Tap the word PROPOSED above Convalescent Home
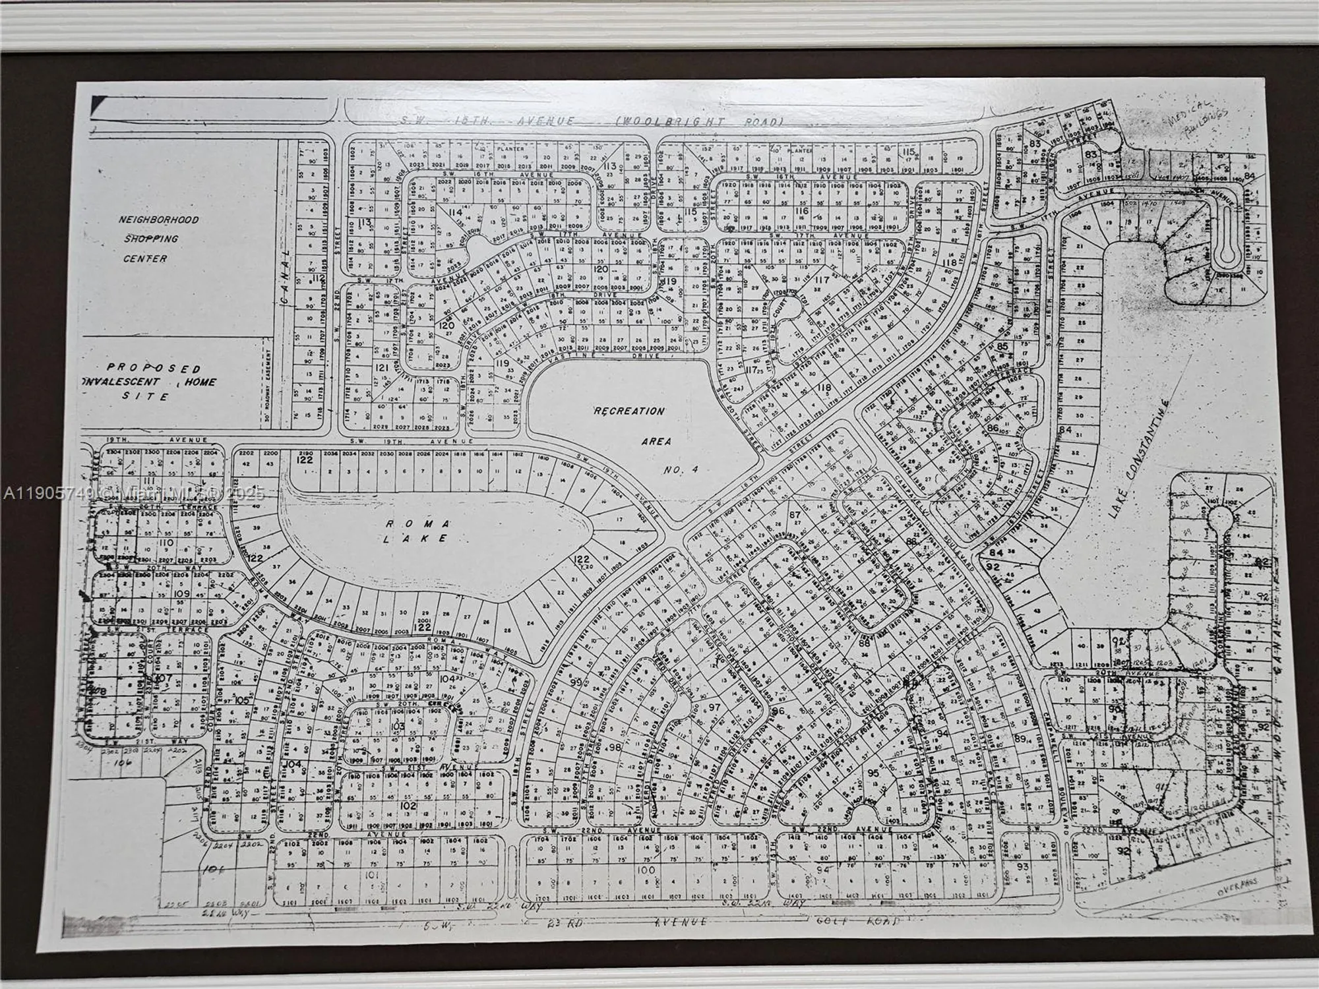pyautogui.click(x=154, y=368)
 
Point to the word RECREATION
pyautogui.click(x=630, y=411)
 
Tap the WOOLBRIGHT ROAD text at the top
pyautogui.click(x=700, y=122)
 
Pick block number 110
pyautogui.click(x=166, y=543)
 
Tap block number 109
pyautogui.click(x=181, y=594)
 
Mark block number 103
pyautogui.click(x=397, y=727)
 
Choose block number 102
pyautogui.click(x=408, y=805)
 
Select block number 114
pyautogui.click(x=454, y=212)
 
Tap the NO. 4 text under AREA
pyautogui.click(x=681, y=469)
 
